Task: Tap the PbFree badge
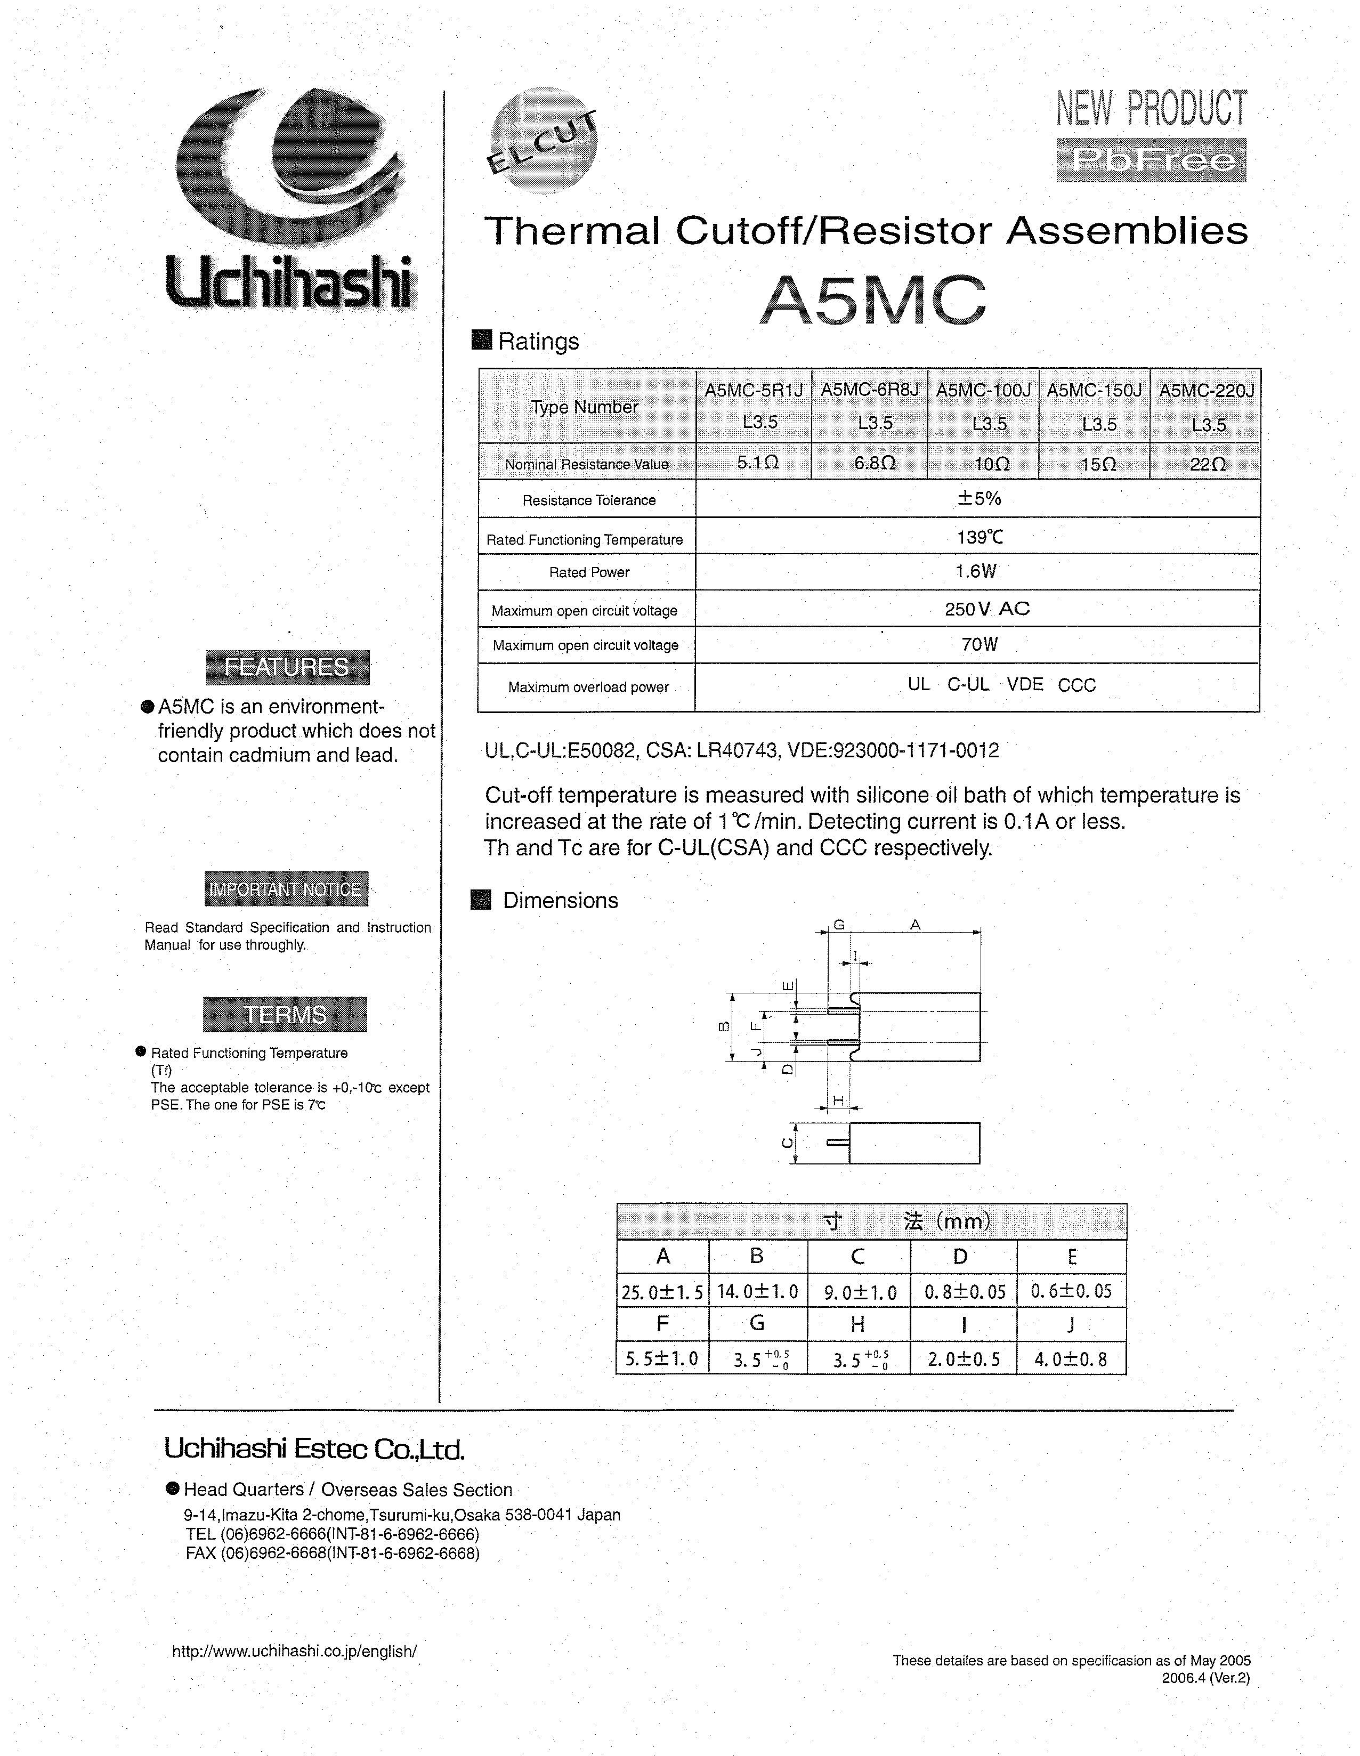click(1151, 160)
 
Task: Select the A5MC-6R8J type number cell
click(870, 406)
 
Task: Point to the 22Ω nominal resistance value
click(1207, 464)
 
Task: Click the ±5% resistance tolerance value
click(978, 498)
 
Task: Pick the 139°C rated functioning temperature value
click(978, 536)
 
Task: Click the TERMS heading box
click(285, 1014)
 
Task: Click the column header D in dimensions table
click(960, 1257)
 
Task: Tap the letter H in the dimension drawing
click(838, 1100)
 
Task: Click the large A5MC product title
click(873, 300)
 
